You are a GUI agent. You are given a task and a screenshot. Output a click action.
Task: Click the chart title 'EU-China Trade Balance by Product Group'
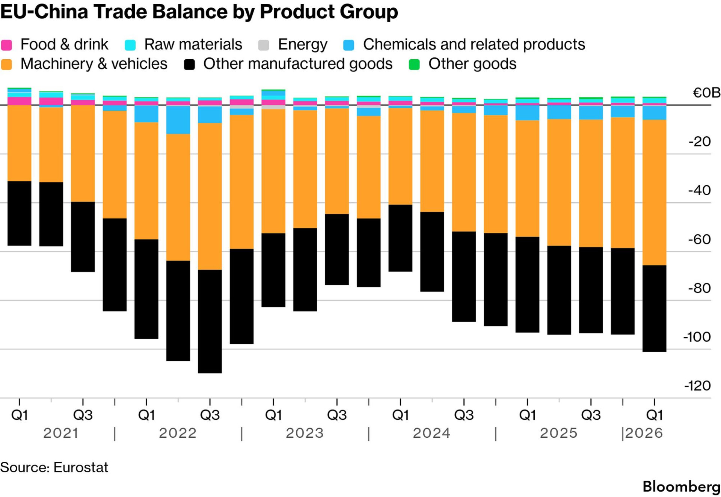[x=199, y=12]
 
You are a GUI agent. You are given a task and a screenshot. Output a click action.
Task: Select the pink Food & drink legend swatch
[x=6, y=45]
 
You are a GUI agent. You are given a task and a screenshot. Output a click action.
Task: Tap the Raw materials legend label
[x=193, y=44]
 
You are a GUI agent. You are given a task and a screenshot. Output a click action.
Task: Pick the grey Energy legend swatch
[x=264, y=45]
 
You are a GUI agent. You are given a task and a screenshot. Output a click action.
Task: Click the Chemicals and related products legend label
[x=474, y=44]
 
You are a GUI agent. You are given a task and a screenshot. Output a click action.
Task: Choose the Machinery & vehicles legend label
[x=94, y=64]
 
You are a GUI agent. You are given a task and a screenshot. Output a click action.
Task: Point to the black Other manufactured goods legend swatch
[x=189, y=65]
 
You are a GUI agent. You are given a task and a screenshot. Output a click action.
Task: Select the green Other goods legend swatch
[x=414, y=65]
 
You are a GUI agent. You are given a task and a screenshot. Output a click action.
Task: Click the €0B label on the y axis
[x=706, y=92]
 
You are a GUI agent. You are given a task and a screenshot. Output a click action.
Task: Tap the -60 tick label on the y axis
[x=699, y=239]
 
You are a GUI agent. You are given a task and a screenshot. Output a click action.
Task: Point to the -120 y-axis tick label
[x=697, y=386]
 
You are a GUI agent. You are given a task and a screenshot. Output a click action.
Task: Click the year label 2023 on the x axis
[x=305, y=433]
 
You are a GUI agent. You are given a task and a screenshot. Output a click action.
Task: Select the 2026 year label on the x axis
[x=644, y=433]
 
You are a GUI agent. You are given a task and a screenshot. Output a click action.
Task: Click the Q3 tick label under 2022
[x=210, y=415]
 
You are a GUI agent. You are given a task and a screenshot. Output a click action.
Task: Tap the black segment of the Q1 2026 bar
[x=654, y=309]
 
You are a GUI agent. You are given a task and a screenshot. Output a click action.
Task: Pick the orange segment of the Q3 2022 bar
[x=210, y=196]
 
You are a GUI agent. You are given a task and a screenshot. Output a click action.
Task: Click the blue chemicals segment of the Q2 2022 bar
[x=178, y=120]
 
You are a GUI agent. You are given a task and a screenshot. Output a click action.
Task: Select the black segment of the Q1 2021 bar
[x=19, y=214]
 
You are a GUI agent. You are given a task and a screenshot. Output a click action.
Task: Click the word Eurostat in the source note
[x=81, y=467]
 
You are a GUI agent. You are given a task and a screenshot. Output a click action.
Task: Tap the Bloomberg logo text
[x=682, y=486]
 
